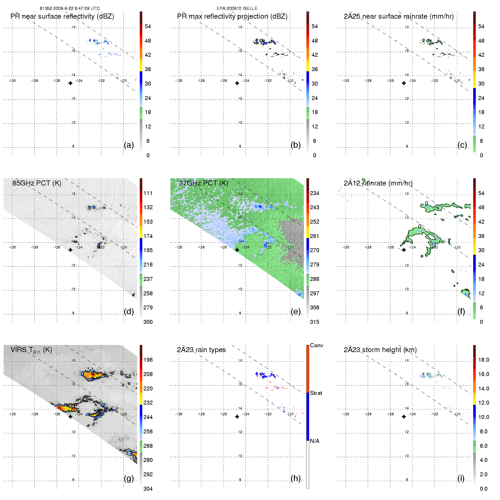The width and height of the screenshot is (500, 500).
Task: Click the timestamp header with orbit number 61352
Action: [x=69, y=8]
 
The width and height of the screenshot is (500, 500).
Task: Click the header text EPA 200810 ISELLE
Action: [x=237, y=8]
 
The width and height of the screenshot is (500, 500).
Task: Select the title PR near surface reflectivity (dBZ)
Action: [x=62, y=16]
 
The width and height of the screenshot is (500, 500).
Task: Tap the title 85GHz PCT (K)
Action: [x=37, y=183]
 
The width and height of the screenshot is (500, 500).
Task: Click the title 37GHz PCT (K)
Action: [x=203, y=183]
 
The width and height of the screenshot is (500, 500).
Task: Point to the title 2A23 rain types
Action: [x=201, y=350]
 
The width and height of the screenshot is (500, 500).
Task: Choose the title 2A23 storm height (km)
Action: [x=380, y=350]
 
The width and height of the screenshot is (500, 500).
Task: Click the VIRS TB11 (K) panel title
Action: [x=31, y=350]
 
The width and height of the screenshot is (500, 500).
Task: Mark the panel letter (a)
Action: [x=129, y=145]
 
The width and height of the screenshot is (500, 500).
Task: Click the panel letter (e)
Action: [x=296, y=311]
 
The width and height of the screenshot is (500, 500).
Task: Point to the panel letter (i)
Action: [x=461, y=478]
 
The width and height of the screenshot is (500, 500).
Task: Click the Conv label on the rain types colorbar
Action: [x=316, y=345]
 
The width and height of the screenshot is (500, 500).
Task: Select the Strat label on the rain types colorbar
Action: [x=316, y=393]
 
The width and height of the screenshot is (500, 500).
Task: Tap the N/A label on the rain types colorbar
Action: [x=315, y=441]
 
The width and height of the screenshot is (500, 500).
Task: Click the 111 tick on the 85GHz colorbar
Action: [x=148, y=193]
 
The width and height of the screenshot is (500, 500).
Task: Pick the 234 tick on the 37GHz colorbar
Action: [x=315, y=193]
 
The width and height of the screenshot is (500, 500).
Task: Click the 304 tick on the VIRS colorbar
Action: [x=148, y=489]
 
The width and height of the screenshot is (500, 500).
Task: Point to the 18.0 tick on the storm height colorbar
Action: [x=484, y=360]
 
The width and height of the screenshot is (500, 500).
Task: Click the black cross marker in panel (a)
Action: [x=70, y=83]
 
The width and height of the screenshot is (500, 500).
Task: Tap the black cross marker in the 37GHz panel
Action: [x=237, y=250]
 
